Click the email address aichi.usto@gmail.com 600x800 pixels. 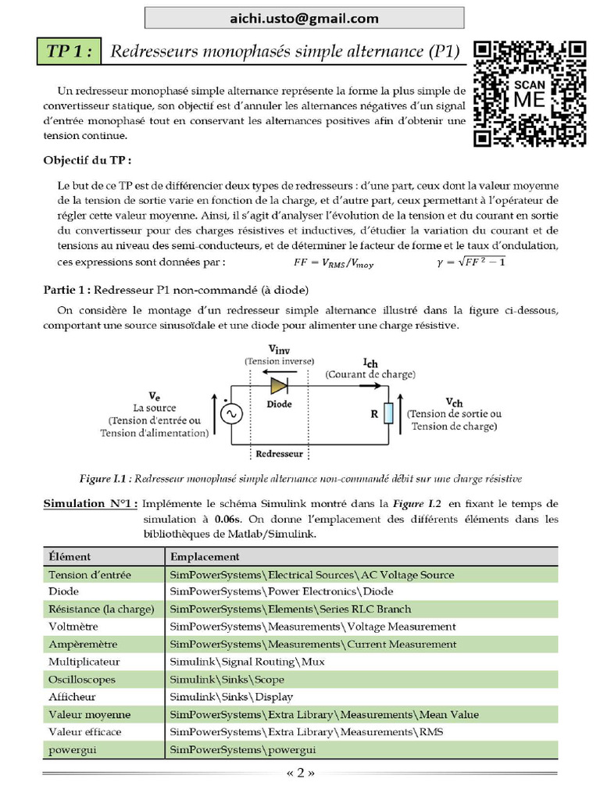pos(304,18)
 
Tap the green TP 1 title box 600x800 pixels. pos(70,52)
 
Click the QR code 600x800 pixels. pos(530,94)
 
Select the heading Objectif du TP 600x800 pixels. pos(87,160)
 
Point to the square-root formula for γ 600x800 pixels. pos(471,262)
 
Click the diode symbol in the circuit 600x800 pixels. pos(279,386)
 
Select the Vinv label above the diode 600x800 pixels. pos(279,349)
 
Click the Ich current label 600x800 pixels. pos(370,362)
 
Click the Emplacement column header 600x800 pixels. pos(205,557)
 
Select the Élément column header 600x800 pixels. pos(70,557)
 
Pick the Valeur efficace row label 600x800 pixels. pos(84,732)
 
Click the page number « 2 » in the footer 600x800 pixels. pos(300,773)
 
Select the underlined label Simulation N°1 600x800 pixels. pos(91,504)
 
